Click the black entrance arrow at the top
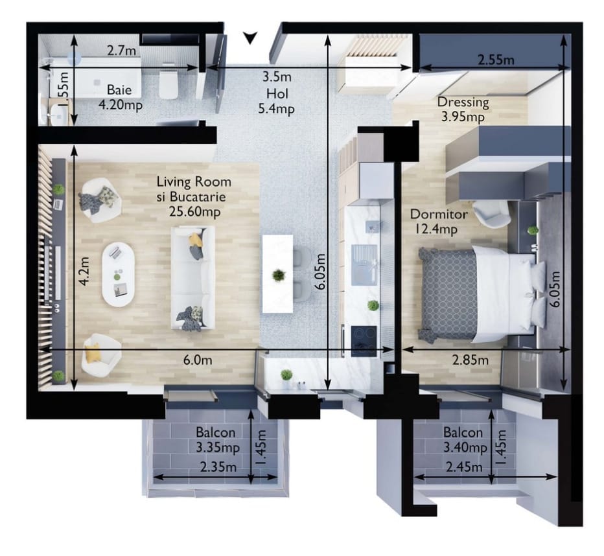[x=250, y=38]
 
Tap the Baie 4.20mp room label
[x=120, y=97]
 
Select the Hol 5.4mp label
[x=277, y=101]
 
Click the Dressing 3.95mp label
[x=463, y=110]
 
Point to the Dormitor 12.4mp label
[x=439, y=222]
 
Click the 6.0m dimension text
[x=197, y=360]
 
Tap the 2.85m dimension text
[x=470, y=360]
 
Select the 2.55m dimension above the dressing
[x=496, y=60]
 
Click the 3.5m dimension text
[x=277, y=76]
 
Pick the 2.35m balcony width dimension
[x=218, y=467]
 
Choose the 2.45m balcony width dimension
[x=464, y=467]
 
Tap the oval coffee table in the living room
[x=118, y=274]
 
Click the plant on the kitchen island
[x=278, y=275]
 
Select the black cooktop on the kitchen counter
[x=364, y=341]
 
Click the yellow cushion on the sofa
[x=196, y=240]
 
